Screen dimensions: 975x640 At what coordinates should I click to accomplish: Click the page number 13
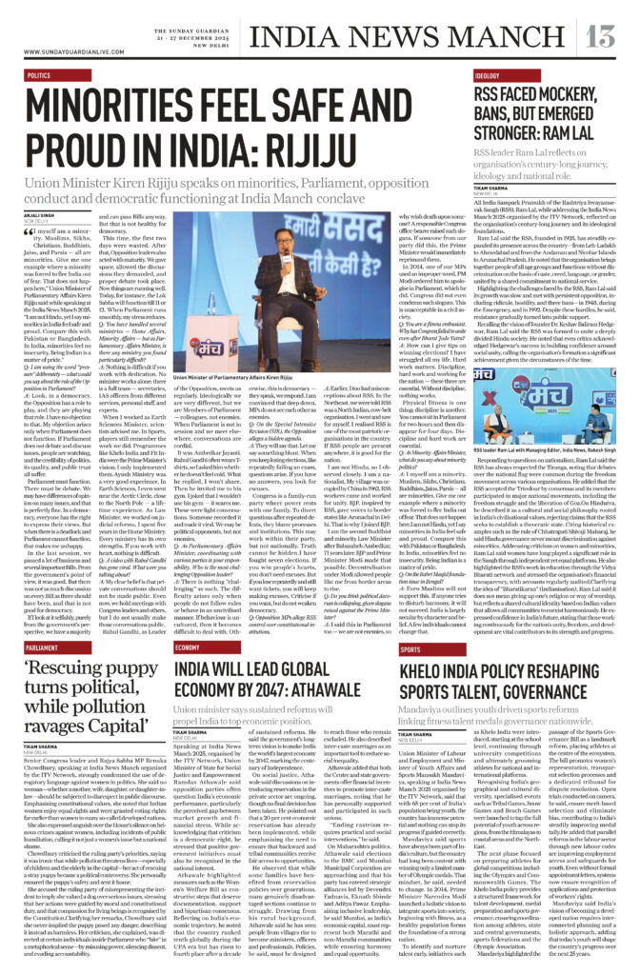coord(603,35)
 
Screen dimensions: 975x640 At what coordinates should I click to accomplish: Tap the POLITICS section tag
coord(39,74)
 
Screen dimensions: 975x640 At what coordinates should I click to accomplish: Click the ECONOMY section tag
coord(193,621)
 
